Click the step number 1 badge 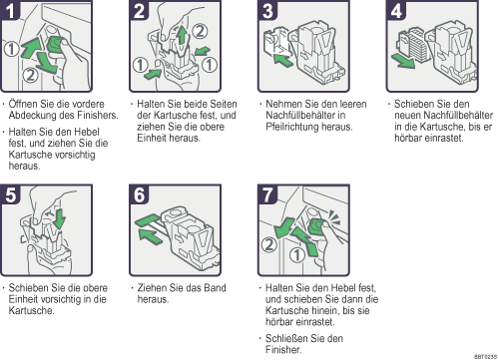click(x=9, y=10)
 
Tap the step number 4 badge click(x=396, y=10)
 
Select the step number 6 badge click(x=139, y=194)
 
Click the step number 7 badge click(x=267, y=194)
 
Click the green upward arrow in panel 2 click(x=182, y=35)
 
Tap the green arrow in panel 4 click(x=403, y=61)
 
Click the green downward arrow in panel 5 click(x=60, y=218)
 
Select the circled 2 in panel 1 click(x=30, y=75)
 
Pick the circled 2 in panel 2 click(x=200, y=31)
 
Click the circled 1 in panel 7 click(x=297, y=255)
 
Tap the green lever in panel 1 click(x=56, y=46)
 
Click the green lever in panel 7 click(x=316, y=226)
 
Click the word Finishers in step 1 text click(x=98, y=116)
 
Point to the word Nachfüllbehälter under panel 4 click(x=443, y=116)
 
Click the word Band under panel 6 click(x=215, y=288)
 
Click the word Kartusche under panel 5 click(x=31, y=311)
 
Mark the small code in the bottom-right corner click(x=485, y=357)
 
